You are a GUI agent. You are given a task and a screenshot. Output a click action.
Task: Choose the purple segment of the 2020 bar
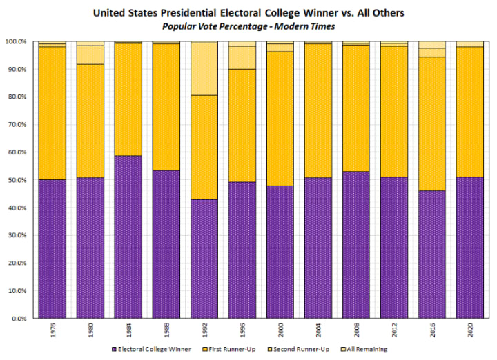tap(469, 248)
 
